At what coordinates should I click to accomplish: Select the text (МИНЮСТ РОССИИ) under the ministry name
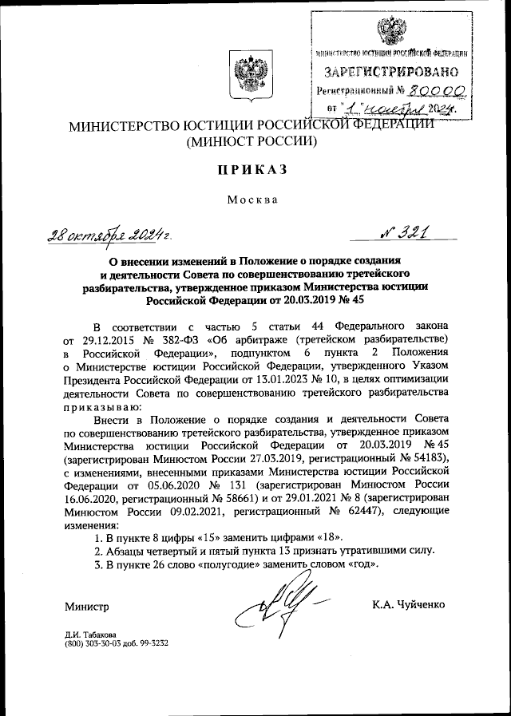pyautogui.click(x=252, y=143)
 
